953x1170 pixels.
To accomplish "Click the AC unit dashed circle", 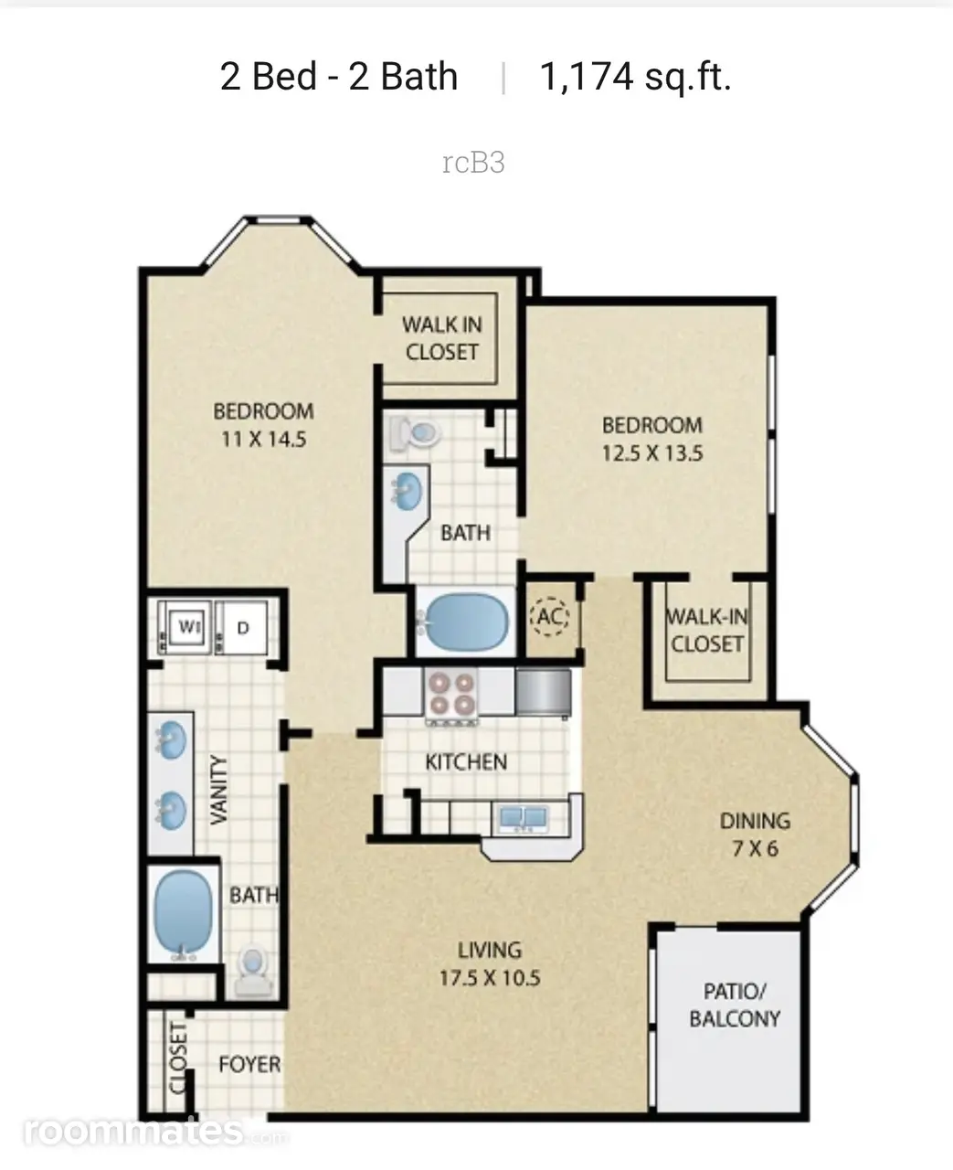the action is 549,616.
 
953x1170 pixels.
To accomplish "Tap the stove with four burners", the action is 452,695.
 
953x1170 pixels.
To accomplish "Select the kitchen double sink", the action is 524,817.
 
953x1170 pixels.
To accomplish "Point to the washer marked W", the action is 189,627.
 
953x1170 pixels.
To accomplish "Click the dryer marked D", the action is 243,627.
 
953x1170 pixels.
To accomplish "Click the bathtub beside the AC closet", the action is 467,622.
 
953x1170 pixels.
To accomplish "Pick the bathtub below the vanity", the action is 184,916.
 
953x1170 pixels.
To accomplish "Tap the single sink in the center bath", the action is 408,491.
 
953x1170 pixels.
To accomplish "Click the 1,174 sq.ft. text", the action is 636,78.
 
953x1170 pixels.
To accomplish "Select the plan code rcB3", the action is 473,163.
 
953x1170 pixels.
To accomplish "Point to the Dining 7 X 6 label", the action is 756,835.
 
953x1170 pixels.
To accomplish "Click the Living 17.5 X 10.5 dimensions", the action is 491,978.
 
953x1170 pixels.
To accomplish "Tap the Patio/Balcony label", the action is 735,1005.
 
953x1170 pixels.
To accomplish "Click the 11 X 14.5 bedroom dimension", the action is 263,440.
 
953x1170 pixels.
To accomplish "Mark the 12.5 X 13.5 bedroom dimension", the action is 652,453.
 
